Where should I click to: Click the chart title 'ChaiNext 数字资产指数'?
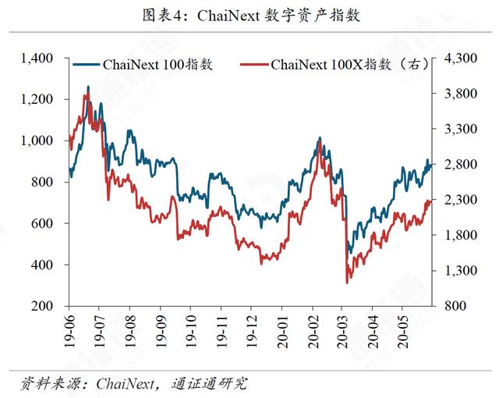pos(278,16)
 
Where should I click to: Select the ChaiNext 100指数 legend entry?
pos(143,65)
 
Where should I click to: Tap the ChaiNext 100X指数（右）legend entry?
pos(334,65)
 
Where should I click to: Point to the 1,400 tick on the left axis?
pos(37,59)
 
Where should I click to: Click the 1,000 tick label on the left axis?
pos(37,140)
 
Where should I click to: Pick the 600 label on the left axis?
pos(42,223)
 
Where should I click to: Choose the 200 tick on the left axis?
pos(42,306)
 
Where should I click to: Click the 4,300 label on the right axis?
pos(461,59)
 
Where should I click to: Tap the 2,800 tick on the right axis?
pos(461,165)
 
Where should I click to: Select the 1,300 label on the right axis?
pos(461,271)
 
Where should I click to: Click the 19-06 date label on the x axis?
pos(69,331)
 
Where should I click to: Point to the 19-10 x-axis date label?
pos(191,331)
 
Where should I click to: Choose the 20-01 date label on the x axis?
pos(282,331)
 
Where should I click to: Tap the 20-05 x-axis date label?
pos(402,331)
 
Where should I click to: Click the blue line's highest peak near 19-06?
pos(88,87)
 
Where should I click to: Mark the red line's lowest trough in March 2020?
pos(347,283)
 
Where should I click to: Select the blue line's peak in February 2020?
pos(320,137)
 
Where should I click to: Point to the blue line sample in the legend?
pos(87,65)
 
